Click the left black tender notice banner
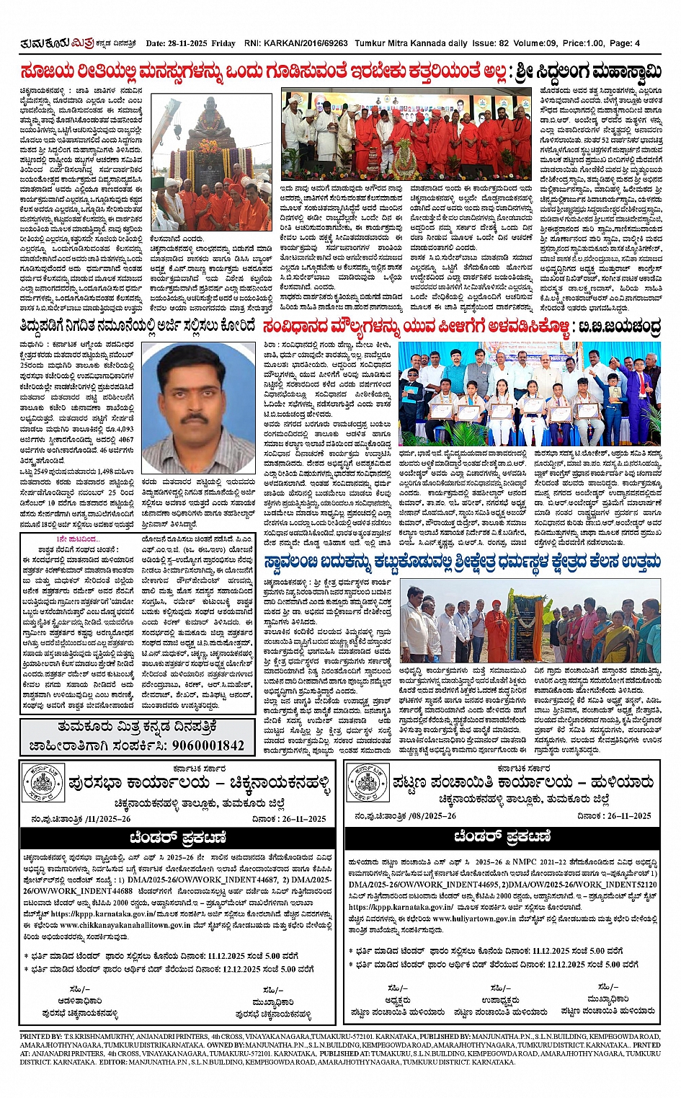177,837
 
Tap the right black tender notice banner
502,836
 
